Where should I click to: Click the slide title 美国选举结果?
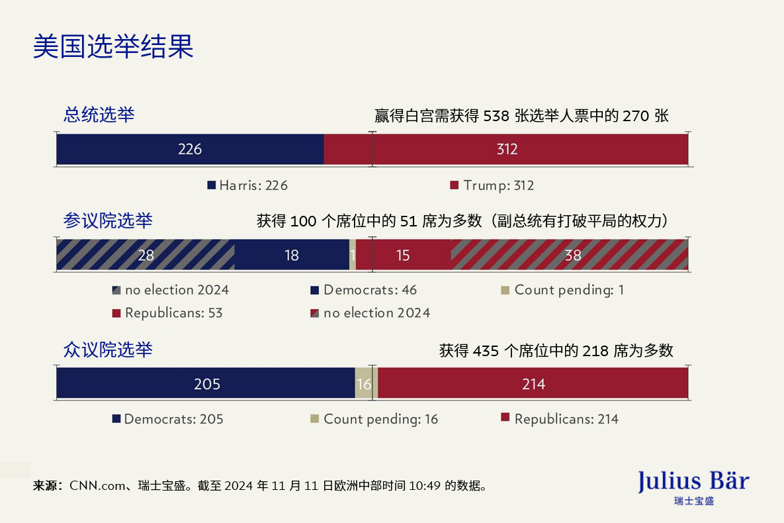(x=113, y=47)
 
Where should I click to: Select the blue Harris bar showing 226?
(x=190, y=150)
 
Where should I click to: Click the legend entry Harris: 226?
(x=248, y=186)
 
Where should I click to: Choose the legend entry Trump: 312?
(x=492, y=186)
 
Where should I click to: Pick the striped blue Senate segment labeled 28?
(x=146, y=255)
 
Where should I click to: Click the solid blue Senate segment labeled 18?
(x=292, y=255)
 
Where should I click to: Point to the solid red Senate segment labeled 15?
(x=404, y=255)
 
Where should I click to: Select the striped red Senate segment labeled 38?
(x=572, y=255)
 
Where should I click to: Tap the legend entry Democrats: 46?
(x=364, y=290)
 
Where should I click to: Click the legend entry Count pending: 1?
(x=562, y=290)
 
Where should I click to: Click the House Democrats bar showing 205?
(x=206, y=383)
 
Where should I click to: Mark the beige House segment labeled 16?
(x=363, y=383)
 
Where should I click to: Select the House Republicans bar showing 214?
(x=533, y=383)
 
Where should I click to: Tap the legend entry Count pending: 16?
(x=374, y=419)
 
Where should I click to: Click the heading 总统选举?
(x=99, y=115)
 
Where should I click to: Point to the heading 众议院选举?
(x=107, y=350)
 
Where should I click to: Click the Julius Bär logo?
(x=693, y=487)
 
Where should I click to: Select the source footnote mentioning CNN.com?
(x=261, y=486)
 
